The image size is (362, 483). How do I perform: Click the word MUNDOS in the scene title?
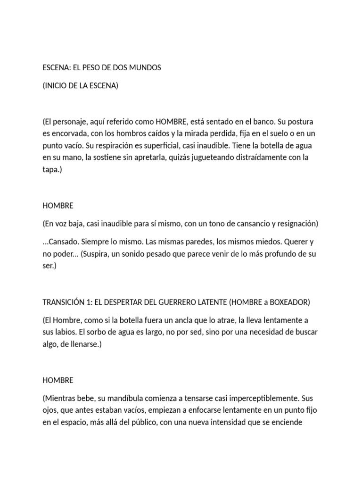[x=145, y=67]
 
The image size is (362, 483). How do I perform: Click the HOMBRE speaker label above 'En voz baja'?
[x=58, y=206]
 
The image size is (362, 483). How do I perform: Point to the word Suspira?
[x=98, y=254]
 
